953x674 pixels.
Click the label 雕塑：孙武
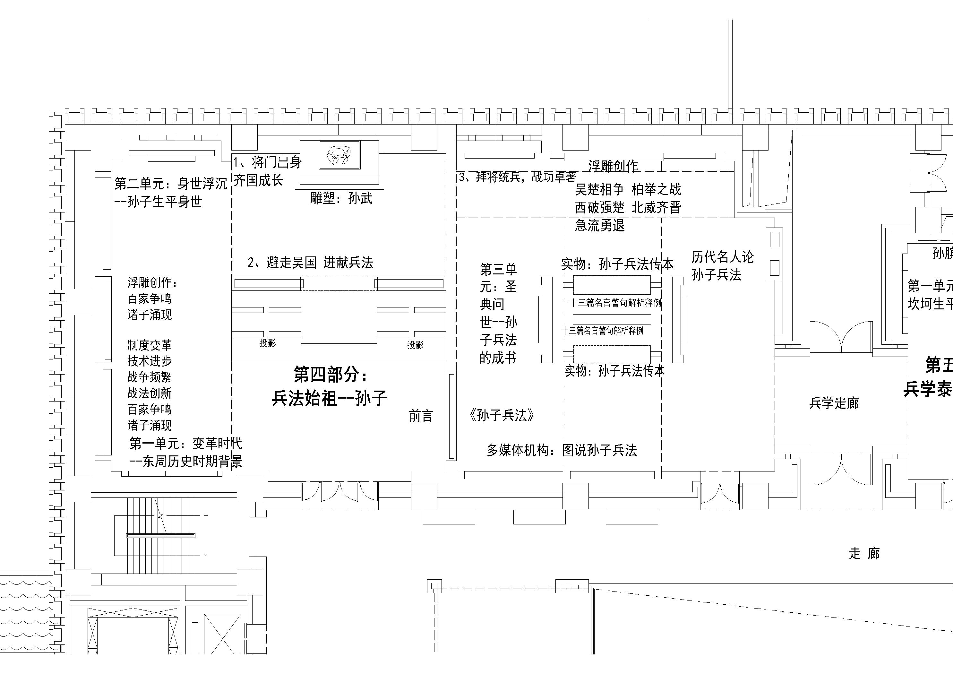341,198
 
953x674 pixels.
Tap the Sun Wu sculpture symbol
339,155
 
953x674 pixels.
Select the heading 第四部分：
331,374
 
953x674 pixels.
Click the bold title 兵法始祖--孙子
329,398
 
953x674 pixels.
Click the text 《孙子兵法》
502,415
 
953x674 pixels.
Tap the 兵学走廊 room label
834,403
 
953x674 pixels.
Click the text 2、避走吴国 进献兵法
310,263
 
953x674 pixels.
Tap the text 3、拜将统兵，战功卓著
518,177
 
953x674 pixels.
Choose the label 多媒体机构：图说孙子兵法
562,450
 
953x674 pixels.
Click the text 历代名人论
722,257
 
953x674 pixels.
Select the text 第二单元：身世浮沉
171,184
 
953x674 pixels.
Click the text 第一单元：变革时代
185,444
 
